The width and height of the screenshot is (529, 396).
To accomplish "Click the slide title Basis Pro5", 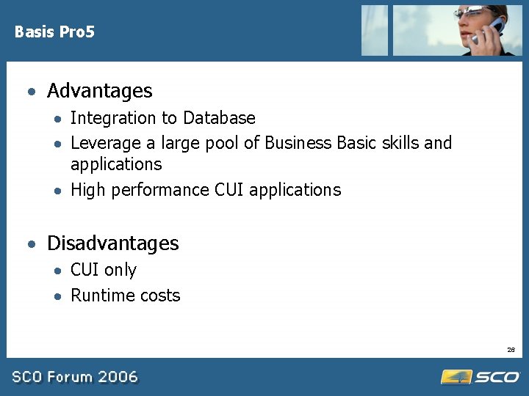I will coord(54,32).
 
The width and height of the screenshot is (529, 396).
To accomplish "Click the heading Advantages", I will coord(99,91).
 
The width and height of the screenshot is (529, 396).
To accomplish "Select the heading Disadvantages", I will coord(112,243).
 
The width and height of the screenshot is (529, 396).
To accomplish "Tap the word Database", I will coord(219,118).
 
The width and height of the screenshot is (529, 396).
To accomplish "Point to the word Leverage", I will coord(106,143).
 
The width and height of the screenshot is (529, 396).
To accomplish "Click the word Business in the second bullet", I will coord(298,142).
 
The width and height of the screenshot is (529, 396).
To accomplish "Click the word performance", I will coord(160,190).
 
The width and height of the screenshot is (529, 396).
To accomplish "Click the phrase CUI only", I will coord(104,270).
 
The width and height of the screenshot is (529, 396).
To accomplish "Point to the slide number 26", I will coord(511,350).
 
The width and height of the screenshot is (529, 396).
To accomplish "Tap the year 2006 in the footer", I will coord(118,377).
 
